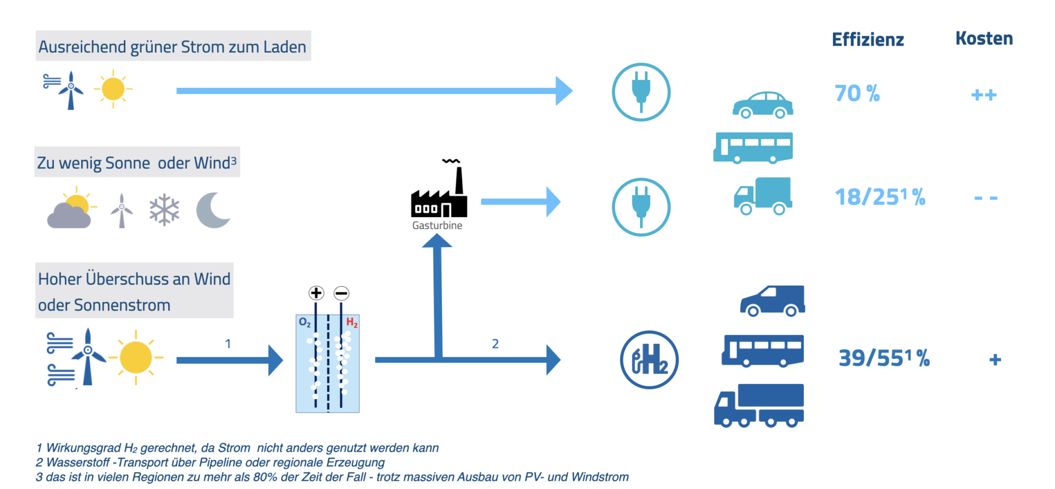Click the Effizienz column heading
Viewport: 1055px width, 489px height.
868,40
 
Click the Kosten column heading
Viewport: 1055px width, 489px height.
984,38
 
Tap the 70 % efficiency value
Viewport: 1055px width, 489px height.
857,93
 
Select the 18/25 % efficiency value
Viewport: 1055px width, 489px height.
880,197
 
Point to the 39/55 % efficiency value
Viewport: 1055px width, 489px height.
884,358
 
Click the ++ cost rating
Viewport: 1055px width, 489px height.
984,95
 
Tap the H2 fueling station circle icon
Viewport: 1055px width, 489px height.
649,360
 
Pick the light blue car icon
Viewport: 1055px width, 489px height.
763,105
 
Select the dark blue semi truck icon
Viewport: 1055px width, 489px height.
759,405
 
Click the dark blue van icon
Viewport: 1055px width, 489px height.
773,301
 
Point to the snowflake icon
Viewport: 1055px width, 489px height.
164,210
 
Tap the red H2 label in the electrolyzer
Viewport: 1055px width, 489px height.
352,323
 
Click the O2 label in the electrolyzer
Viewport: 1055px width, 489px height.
304,323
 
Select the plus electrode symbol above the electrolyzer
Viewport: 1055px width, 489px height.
316,293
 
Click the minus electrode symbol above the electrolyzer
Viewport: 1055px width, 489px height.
341,293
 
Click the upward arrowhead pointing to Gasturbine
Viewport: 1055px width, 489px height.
437,241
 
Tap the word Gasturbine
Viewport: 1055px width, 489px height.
437,225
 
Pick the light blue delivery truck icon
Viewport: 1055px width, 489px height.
763,196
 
